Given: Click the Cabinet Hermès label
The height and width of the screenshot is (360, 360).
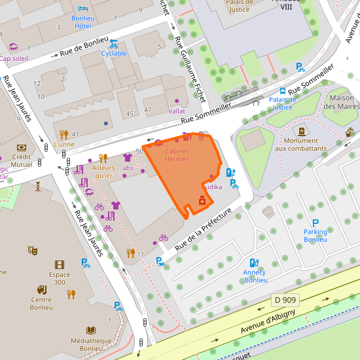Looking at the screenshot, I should pos(177,155).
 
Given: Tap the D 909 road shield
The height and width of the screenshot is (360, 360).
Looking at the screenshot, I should pos(286,300).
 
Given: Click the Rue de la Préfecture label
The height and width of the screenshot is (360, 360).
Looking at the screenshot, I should pos(204,230).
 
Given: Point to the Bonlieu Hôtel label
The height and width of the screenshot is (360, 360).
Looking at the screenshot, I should pos(82,22).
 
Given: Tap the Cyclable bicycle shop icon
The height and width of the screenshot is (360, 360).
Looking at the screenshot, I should pos(114,44).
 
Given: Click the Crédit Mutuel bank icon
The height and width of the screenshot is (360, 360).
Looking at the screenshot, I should pos(22,147).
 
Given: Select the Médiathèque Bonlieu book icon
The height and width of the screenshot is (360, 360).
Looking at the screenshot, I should pos(91,330).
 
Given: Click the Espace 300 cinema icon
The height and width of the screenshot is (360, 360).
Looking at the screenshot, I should pos(60,264).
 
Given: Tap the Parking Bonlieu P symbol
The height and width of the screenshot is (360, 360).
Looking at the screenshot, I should pos(315,223).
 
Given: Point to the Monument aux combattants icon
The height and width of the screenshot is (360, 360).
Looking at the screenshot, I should pos(301,131).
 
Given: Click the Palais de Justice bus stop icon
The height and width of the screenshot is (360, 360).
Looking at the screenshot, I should pos(283,92).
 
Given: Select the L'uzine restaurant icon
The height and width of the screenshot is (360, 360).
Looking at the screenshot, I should pos(64,134).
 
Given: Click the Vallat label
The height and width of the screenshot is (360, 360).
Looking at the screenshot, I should pos(177,111).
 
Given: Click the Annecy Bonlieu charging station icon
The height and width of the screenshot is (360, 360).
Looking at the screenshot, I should pos(255,263).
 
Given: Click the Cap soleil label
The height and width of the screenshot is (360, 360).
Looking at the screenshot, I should pos(14,58).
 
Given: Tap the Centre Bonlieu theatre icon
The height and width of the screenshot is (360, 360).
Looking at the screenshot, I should pos(42,289).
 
